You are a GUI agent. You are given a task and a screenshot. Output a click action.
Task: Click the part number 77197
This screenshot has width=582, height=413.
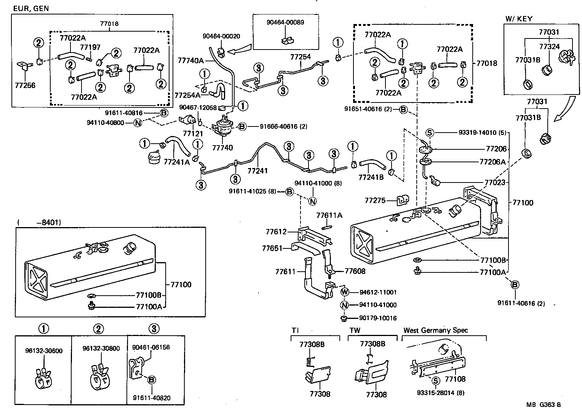pos(90,47)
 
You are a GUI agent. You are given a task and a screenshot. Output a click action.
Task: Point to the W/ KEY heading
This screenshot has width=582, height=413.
pos(519,19)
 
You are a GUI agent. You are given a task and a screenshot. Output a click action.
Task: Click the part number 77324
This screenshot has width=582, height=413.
pos(550,46)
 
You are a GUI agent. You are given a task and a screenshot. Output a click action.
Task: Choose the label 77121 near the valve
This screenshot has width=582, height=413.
pos(192,134)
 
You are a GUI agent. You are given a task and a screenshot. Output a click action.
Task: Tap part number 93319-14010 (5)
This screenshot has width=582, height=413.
pos(481,133)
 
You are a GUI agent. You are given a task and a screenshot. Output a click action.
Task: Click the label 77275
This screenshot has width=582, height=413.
pos(375,200)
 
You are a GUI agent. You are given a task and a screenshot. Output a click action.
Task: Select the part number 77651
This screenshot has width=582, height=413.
pos(272,248)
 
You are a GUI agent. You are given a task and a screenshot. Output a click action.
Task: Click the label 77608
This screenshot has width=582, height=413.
pos(355,271)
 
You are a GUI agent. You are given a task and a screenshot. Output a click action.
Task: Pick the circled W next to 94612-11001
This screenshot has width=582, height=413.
pos(345,292)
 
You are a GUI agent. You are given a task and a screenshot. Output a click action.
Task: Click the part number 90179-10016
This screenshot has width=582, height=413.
pos(378,318)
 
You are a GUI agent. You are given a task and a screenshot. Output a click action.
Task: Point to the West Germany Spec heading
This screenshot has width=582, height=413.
pos(436,330)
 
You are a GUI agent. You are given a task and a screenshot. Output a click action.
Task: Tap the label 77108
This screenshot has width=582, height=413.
pos(455,379)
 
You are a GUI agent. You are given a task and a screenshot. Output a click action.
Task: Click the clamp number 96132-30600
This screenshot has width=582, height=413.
pos(44,351)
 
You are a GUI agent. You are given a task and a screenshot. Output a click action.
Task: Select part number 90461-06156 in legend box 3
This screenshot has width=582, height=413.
pos(151,347)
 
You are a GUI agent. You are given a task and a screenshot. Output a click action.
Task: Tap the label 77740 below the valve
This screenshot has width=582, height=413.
pos(222,148)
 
